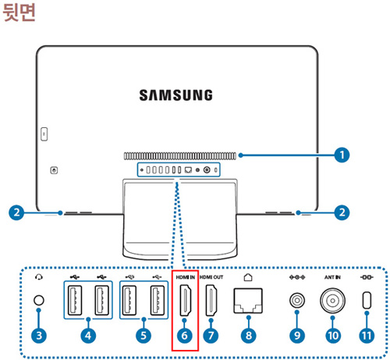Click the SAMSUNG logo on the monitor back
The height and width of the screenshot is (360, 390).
[x=175, y=95]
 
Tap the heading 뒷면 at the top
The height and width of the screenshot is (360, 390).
[x=21, y=13]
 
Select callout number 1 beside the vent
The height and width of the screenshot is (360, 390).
[x=341, y=155]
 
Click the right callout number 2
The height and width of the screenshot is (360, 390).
[x=339, y=211]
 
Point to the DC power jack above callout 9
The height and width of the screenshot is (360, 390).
[x=296, y=301]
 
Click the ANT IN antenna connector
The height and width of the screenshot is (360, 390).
[x=331, y=301]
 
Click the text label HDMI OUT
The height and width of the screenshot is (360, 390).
[x=212, y=277]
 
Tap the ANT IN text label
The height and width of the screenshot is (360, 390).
[x=331, y=277]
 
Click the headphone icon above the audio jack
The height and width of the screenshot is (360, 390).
[x=38, y=276]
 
